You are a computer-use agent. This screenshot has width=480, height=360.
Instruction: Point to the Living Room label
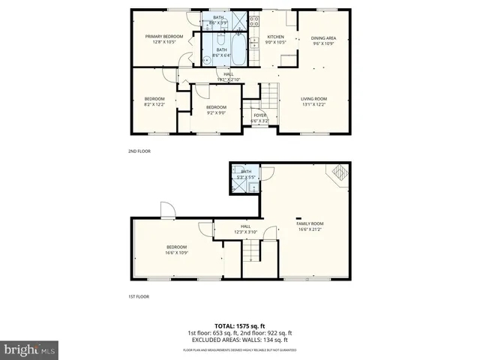point(313,101)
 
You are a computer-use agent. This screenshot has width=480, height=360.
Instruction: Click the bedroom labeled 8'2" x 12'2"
point(154,101)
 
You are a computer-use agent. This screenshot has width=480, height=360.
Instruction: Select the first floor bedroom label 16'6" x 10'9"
point(177,250)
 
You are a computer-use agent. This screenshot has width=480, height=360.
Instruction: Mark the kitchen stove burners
point(254,20)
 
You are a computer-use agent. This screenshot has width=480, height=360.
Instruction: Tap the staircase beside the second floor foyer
point(268,94)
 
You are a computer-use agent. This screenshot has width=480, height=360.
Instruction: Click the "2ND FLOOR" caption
point(139,151)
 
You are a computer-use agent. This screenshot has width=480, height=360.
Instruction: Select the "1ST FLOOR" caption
point(138,296)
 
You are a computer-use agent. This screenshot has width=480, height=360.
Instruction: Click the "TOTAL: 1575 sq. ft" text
point(239,325)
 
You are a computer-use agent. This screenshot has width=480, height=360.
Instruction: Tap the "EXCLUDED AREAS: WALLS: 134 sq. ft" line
point(239,340)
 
